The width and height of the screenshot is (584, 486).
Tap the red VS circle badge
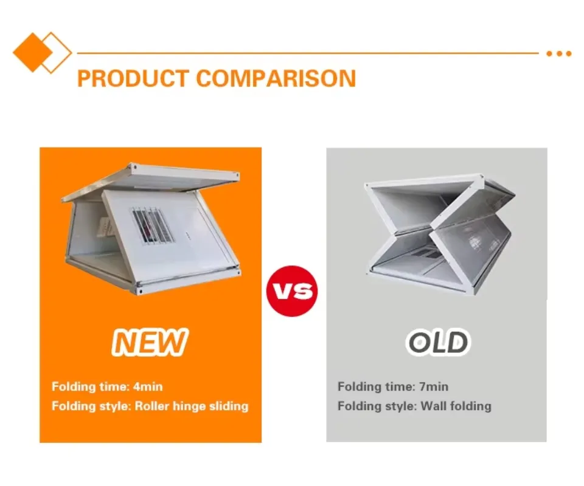(292, 290)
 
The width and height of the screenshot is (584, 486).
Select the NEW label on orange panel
(150, 342)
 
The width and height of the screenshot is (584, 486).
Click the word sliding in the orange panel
(228, 406)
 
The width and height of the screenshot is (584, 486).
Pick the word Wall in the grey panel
(433, 406)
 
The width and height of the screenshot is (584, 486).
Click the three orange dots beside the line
(558, 53)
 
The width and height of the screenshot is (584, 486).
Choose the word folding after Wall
(470, 406)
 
